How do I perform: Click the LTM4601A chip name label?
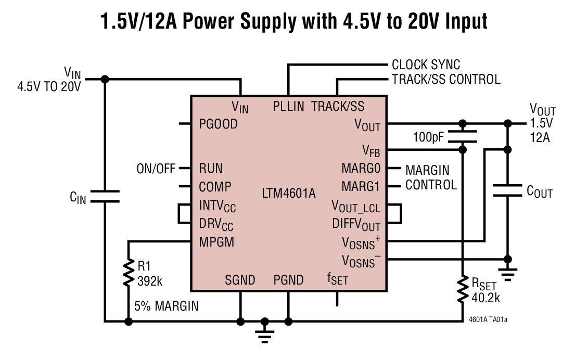click(289, 194)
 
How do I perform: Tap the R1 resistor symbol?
click(128, 273)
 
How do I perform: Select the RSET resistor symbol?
click(462, 290)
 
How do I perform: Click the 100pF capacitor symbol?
click(462, 136)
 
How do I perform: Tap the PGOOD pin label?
click(218, 124)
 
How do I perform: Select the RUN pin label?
click(211, 168)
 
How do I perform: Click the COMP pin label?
click(215, 186)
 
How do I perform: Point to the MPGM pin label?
click(216, 242)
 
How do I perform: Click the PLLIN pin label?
click(288, 107)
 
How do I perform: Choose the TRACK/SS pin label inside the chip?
click(338, 107)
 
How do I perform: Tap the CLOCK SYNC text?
click(426, 65)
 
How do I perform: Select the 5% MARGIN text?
click(166, 306)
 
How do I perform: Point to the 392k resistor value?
click(150, 281)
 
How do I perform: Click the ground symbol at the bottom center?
click(265, 331)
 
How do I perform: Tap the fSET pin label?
click(337, 279)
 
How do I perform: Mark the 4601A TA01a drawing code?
click(488, 319)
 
